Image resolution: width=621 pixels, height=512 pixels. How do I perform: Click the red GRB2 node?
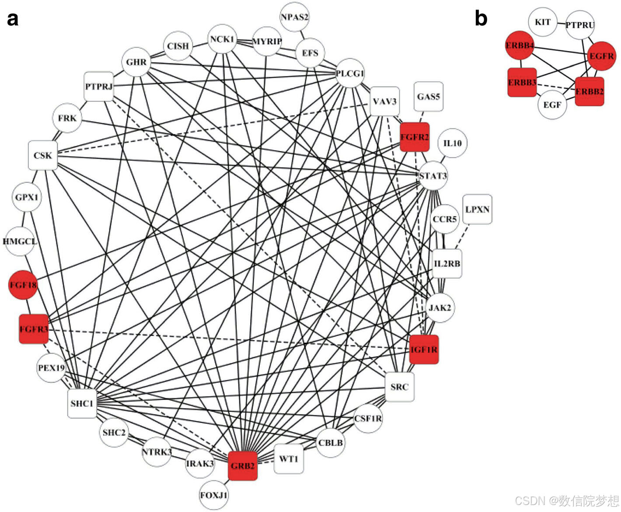coord(243,466)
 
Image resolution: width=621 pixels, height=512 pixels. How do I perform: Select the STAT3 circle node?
coord(433,176)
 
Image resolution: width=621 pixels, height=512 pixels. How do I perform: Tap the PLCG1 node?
coord(350,73)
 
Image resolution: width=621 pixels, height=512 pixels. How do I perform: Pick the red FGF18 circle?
coord(23,285)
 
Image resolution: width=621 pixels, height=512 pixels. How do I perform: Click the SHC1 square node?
coord(82,403)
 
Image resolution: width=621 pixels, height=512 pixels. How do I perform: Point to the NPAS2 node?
coord(294,17)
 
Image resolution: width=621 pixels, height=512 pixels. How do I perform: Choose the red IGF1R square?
coord(424,349)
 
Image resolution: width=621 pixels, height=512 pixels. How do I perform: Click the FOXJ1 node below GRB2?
coord(214,495)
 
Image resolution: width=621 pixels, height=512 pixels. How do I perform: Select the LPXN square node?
coord(477,209)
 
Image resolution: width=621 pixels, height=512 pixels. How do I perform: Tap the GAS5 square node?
coord(428,97)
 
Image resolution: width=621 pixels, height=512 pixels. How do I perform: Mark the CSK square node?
coord(43,155)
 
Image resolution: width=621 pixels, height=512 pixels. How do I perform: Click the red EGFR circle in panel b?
coord(601,56)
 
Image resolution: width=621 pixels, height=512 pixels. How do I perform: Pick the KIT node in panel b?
coord(543,22)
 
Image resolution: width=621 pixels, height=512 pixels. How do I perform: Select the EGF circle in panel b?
coord(552,105)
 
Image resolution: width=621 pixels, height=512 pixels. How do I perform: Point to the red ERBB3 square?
coord(522,82)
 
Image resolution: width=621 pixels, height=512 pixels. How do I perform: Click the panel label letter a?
coord(13,19)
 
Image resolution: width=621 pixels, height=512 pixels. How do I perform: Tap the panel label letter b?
coord(481,18)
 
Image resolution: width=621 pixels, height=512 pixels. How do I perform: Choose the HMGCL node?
coord(20,241)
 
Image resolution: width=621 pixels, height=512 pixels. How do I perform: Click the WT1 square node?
coord(289,459)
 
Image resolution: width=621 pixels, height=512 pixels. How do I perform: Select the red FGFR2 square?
coord(415,137)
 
